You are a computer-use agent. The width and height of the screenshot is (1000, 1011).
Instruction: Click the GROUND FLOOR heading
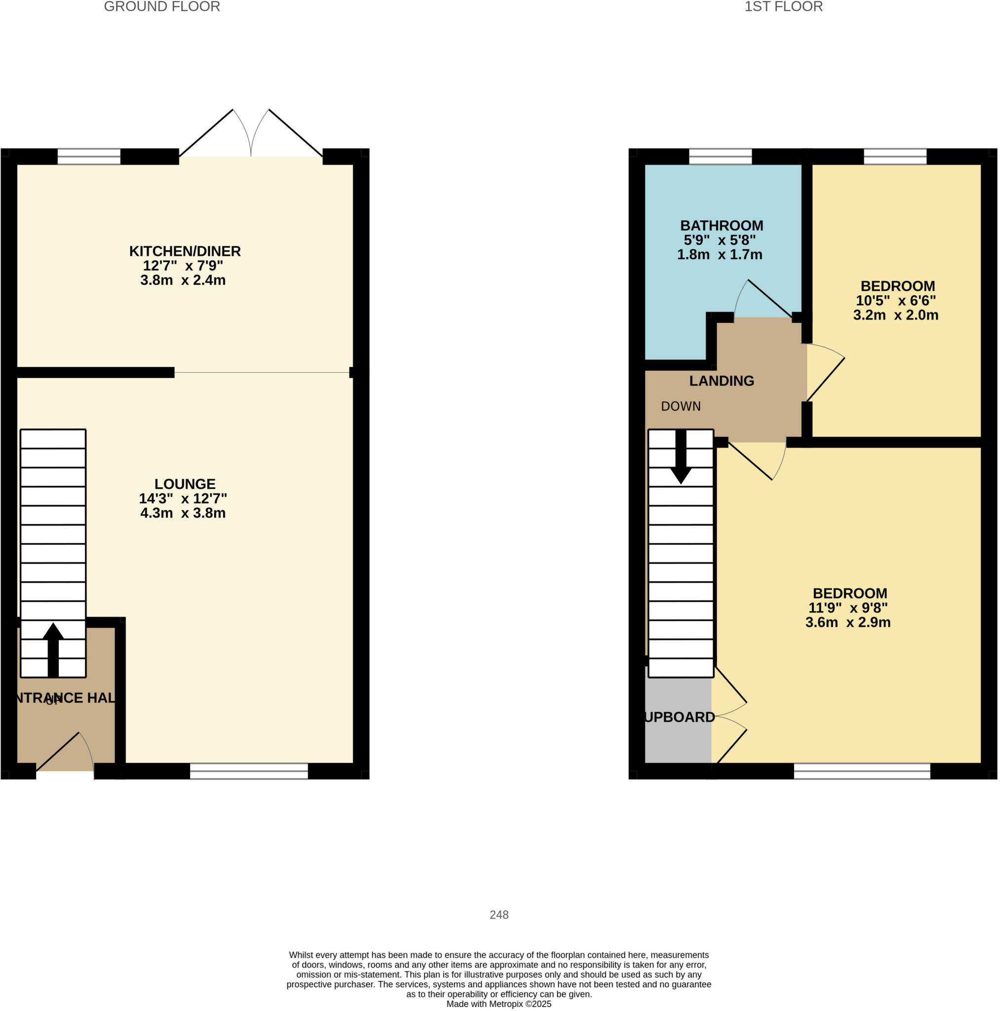click(162, 7)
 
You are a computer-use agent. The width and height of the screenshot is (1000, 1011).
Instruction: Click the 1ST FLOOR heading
click(783, 7)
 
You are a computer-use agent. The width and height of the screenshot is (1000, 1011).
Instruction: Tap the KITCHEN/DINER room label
click(185, 251)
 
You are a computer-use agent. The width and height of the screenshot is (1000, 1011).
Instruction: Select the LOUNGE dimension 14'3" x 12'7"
click(183, 498)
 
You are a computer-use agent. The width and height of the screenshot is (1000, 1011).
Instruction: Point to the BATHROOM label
click(721, 226)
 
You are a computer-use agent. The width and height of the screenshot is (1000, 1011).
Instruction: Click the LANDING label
click(721, 381)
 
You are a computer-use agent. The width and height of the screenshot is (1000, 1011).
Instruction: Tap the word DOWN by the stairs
click(680, 407)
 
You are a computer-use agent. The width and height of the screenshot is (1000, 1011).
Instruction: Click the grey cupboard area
click(678, 733)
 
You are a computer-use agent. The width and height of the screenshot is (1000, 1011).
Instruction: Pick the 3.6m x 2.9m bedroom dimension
click(847, 622)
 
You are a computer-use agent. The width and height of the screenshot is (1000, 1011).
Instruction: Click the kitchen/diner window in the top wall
click(89, 156)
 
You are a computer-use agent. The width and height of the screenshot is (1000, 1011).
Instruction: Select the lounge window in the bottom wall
click(249, 771)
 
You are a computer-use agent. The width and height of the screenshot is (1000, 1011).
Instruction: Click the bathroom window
click(720, 156)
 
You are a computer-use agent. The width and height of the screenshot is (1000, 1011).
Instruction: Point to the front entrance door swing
click(66, 753)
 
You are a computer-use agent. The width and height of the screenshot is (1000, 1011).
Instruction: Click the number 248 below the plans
click(499, 915)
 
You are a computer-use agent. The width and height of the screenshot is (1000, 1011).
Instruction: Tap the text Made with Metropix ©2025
click(498, 1004)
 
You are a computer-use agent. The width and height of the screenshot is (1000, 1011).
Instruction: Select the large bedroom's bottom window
click(862, 771)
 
